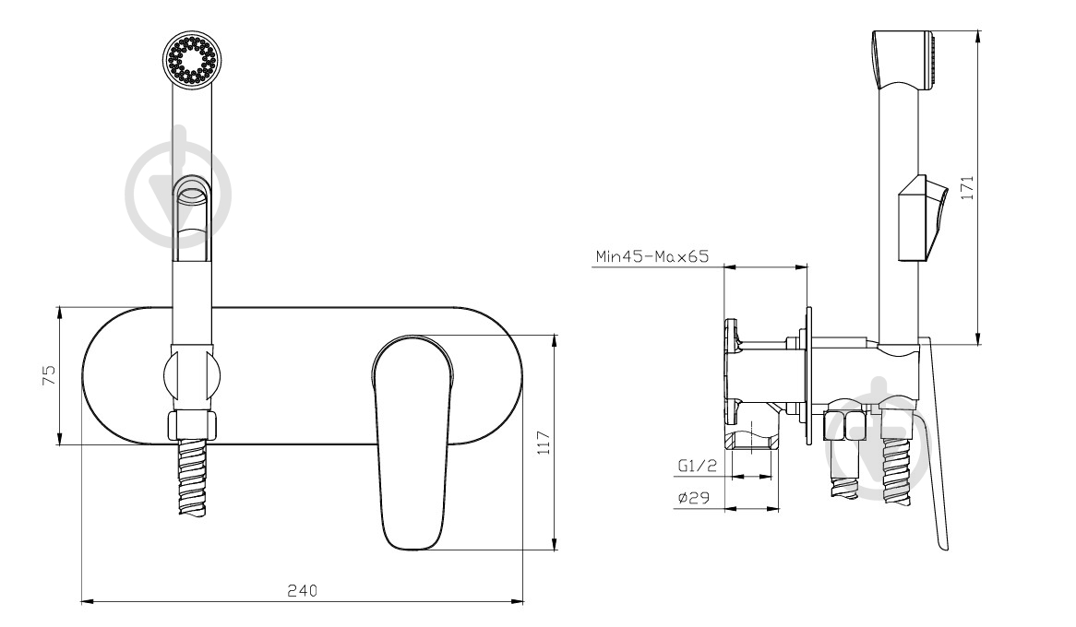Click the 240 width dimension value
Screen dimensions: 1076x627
pyautogui.click(x=302, y=591)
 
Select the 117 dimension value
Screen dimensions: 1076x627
pyautogui.click(x=544, y=443)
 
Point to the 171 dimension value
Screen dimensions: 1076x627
pyautogui.click(x=967, y=187)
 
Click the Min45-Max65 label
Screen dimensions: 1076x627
pyautogui.click(x=652, y=256)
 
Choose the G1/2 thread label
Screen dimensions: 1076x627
pyautogui.click(x=698, y=466)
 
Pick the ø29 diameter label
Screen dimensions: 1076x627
pyautogui.click(x=693, y=499)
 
